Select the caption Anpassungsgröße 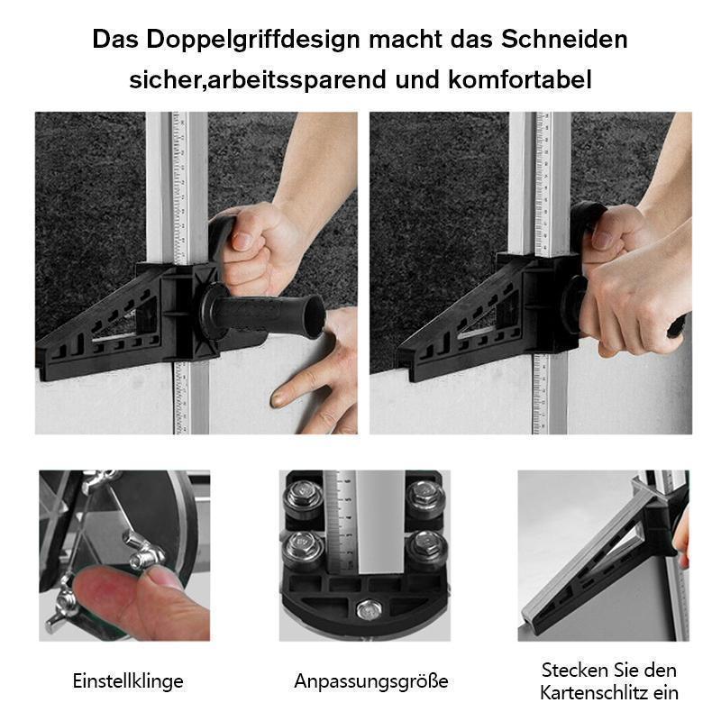(x=370, y=680)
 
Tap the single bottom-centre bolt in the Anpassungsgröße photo (x=366, y=610)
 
